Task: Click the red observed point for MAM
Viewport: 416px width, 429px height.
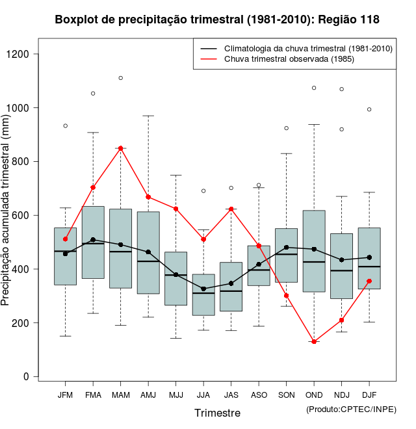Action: tap(121, 148)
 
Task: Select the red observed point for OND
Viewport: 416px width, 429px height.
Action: tap(314, 341)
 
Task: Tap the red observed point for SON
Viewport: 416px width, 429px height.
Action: tap(287, 296)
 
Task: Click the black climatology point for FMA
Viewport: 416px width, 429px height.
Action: tap(93, 240)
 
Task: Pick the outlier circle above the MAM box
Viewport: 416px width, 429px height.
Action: tap(121, 78)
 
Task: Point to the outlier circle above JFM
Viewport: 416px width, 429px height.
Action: tap(66, 125)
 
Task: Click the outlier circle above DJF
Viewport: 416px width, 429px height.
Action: tap(369, 109)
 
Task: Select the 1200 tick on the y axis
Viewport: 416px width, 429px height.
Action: tap(37, 54)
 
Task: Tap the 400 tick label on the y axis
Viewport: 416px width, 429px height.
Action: tap(23, 269)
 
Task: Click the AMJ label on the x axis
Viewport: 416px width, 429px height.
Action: tap(148, 395)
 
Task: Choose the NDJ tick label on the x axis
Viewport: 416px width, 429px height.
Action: tap(342, 395)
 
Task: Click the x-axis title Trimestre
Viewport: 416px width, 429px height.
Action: tap(217, 413)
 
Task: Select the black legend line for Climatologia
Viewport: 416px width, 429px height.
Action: tap(209, 49)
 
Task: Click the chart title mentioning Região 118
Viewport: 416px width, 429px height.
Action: tap(217, 20)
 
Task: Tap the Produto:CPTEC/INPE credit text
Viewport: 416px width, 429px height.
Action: tap(350, 408)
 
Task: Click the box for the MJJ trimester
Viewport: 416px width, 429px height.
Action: tap(175, 278)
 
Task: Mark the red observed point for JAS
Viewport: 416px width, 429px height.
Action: tap(231, 209)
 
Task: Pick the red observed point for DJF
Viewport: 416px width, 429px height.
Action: tap(369, 281)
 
